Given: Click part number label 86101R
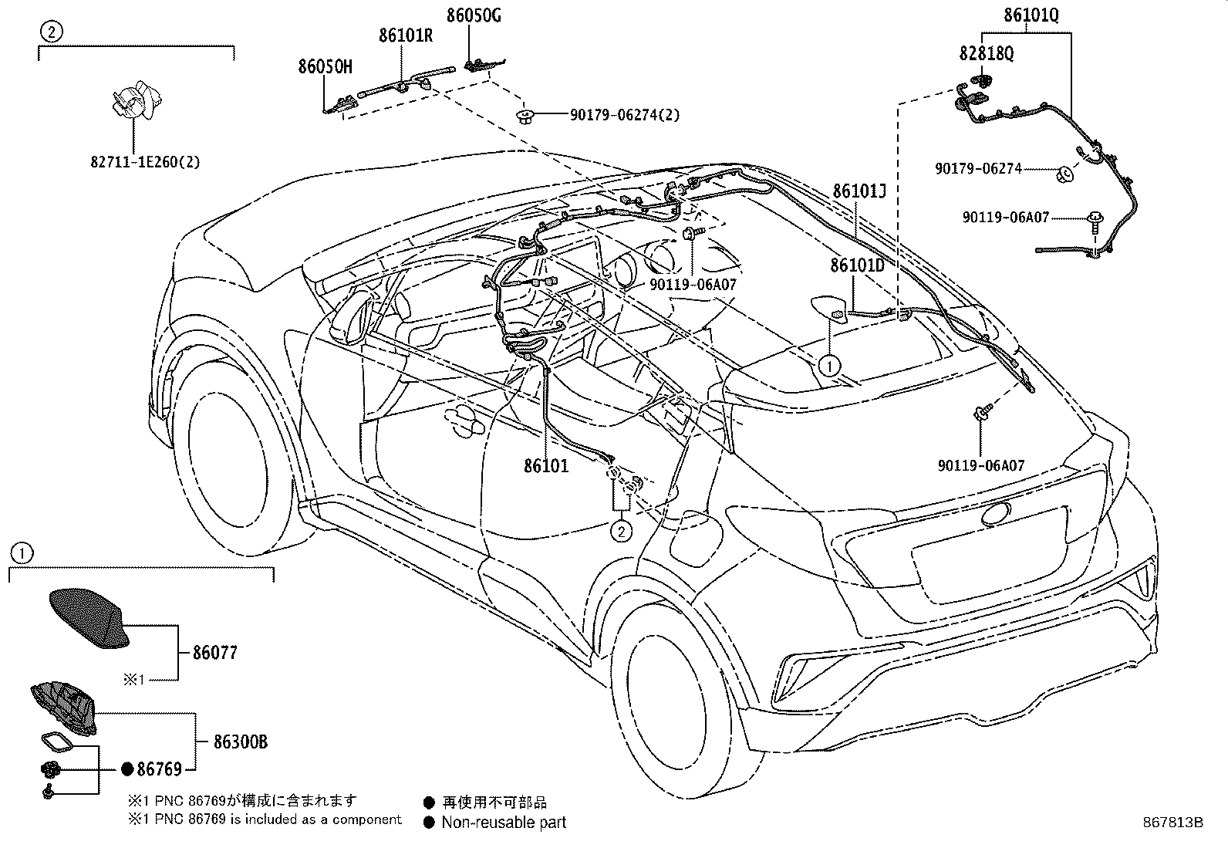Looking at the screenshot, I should click(405, 36).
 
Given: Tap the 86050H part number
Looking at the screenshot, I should click(325, 67).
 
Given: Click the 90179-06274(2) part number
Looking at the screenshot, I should click(625, 115).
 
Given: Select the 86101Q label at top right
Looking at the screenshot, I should click(1031, 15).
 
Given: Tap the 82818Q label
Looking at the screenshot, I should click(987, 53).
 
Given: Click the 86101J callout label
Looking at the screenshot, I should click(859, 191).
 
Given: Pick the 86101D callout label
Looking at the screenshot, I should click(857, 265).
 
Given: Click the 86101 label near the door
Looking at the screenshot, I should click(546, 466).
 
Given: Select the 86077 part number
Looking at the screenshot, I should click(215, 653).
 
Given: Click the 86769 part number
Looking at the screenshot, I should click(159, 769).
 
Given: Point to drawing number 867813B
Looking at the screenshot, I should click(1172, 823).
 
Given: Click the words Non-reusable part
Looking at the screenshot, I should click(504, 823).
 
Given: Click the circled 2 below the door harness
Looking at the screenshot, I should click(622, 531).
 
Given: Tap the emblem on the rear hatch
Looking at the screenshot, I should click(997, 514).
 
